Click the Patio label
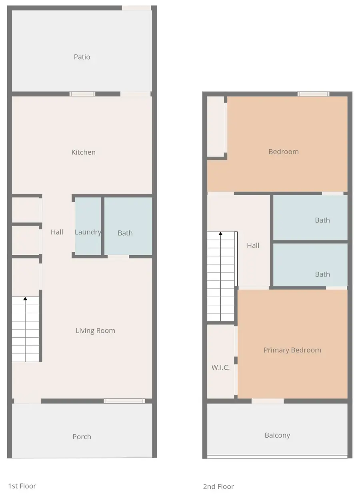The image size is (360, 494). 82,57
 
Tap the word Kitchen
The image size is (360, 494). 83,152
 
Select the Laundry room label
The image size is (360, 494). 88,232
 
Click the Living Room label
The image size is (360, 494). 95,330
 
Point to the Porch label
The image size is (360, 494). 82,437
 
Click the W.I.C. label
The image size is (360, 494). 220,367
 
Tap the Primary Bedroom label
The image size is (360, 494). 292,350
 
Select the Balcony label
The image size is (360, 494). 277,435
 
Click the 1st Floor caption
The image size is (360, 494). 22,486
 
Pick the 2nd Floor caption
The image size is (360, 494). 218,486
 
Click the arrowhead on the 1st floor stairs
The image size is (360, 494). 25,298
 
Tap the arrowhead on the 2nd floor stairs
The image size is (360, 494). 220,233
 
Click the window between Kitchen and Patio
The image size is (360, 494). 82,94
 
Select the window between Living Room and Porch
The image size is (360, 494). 124,401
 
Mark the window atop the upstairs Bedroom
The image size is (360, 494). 313,94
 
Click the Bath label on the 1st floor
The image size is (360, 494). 125,233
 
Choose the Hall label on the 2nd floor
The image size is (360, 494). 253,246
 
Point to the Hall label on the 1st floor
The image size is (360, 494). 57,232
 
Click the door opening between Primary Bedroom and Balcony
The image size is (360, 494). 268,401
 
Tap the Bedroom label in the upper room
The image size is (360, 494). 283,152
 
